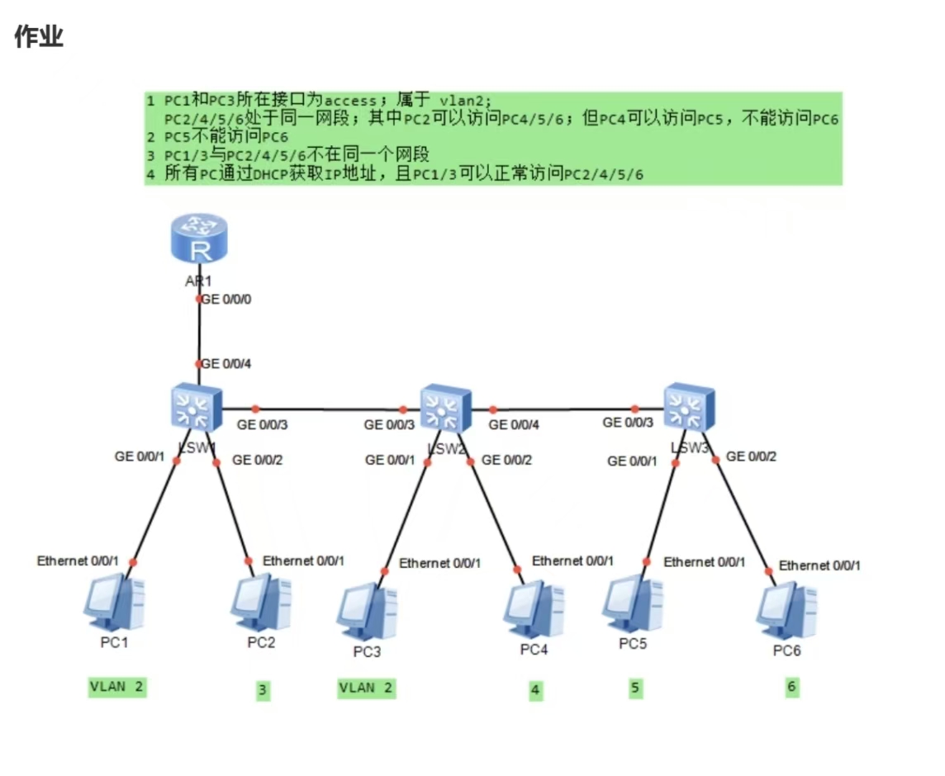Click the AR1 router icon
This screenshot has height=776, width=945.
[x=198, y=239]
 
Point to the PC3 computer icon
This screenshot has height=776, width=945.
[x=367, y=611]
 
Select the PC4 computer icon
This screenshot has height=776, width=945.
[x=534, y=608]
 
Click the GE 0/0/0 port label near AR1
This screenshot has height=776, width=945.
[x=226, y=299]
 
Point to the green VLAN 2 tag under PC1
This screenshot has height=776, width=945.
[x=117, y=687]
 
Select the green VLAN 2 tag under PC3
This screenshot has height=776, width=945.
[x=366, y=688]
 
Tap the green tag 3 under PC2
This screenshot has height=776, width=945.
[x=262, y=691]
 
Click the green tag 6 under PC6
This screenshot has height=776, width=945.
[x=791, y=687]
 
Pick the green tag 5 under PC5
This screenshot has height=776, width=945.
[x=634, y=688]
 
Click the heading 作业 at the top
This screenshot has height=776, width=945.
[x=39, y=36]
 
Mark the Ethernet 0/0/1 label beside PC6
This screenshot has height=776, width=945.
[x=819, y=565]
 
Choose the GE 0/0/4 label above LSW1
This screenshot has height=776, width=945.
[x=226, y=363]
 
